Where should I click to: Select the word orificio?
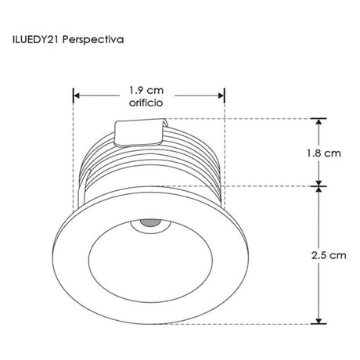(x=149, y=103)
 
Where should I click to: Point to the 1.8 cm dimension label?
(x=325, y=153)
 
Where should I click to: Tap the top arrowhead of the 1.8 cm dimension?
(x=319, y=122)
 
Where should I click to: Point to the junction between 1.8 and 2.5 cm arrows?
(x=319, y=185)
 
